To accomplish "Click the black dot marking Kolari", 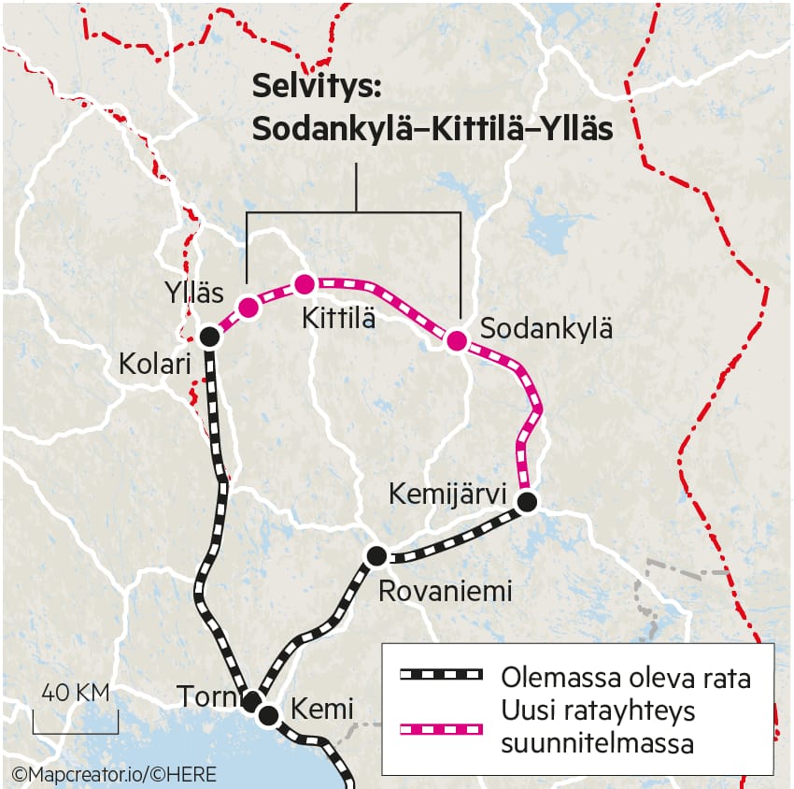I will (210, 337).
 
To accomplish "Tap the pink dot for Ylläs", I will (248, 308).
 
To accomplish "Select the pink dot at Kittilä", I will (304, 283).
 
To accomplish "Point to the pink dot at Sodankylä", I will (457, 340).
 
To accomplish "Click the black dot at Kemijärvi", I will (527, 502).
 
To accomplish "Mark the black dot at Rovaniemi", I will (376, 556).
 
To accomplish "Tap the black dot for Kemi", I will (269, 716).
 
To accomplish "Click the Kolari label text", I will (155, 365).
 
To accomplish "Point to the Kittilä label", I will (338, 319).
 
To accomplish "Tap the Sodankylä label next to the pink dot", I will (546, 329).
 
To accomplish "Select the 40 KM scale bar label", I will (75, 694).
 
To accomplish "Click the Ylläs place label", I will (191, 293).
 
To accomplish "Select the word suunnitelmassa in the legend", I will (598, 744).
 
